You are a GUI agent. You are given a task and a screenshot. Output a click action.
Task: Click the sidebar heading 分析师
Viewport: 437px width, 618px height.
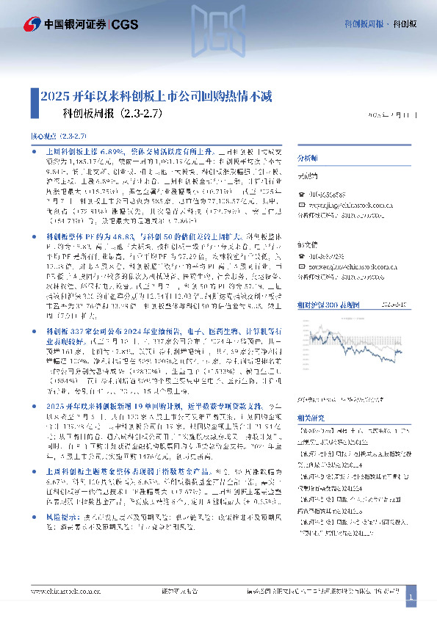coord(307,158)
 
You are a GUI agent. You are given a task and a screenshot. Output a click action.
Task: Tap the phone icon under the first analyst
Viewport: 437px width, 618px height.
coord(300,194)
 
